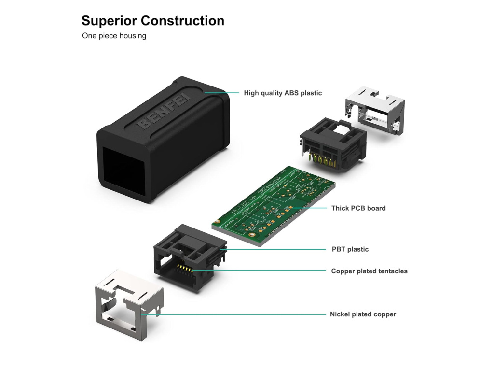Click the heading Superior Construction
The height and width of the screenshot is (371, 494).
coord(152,21)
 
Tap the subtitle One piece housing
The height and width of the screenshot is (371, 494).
coord(114,36)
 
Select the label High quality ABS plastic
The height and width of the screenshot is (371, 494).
coord(282,93)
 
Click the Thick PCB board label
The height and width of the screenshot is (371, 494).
coord(358,208)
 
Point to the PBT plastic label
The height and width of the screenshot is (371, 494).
coord(350,249)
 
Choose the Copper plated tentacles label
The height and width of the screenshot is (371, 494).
coord(369,271)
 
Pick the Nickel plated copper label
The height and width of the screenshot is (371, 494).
coord(363,314)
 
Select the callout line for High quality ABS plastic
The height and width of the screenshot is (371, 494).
coord(222,93)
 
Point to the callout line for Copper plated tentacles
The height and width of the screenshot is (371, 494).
coord(261,271)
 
